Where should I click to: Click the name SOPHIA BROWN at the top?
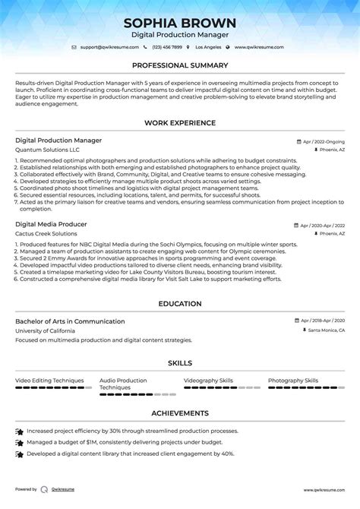[x=180, y=23]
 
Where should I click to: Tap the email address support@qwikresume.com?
[x=106, y=47]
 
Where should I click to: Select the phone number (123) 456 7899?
[x=169, y=47]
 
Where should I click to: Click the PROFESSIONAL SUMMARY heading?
[x=180, y=66]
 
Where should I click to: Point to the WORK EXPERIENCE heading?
[x=180, y=123]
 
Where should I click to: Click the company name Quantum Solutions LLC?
[x=47, y=150]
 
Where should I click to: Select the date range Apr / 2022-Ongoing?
[x=322, y=142]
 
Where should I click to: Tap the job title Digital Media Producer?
[x=51, y=225]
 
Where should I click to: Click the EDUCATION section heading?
[x=180, y=304]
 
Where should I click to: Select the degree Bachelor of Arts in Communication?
[x=70, y=321]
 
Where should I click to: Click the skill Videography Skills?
[x=208, y=380]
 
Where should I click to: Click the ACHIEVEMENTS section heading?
[x=180, y=413]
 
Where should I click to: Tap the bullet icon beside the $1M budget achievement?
[x=19, y=442]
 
